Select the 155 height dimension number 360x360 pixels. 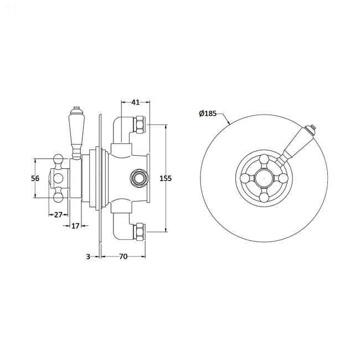coord(165,178)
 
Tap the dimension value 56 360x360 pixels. coord(35,178)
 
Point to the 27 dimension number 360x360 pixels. coord(57,215)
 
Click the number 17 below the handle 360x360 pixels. coord(76,225)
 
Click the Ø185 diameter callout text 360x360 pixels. coord(208,114)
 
